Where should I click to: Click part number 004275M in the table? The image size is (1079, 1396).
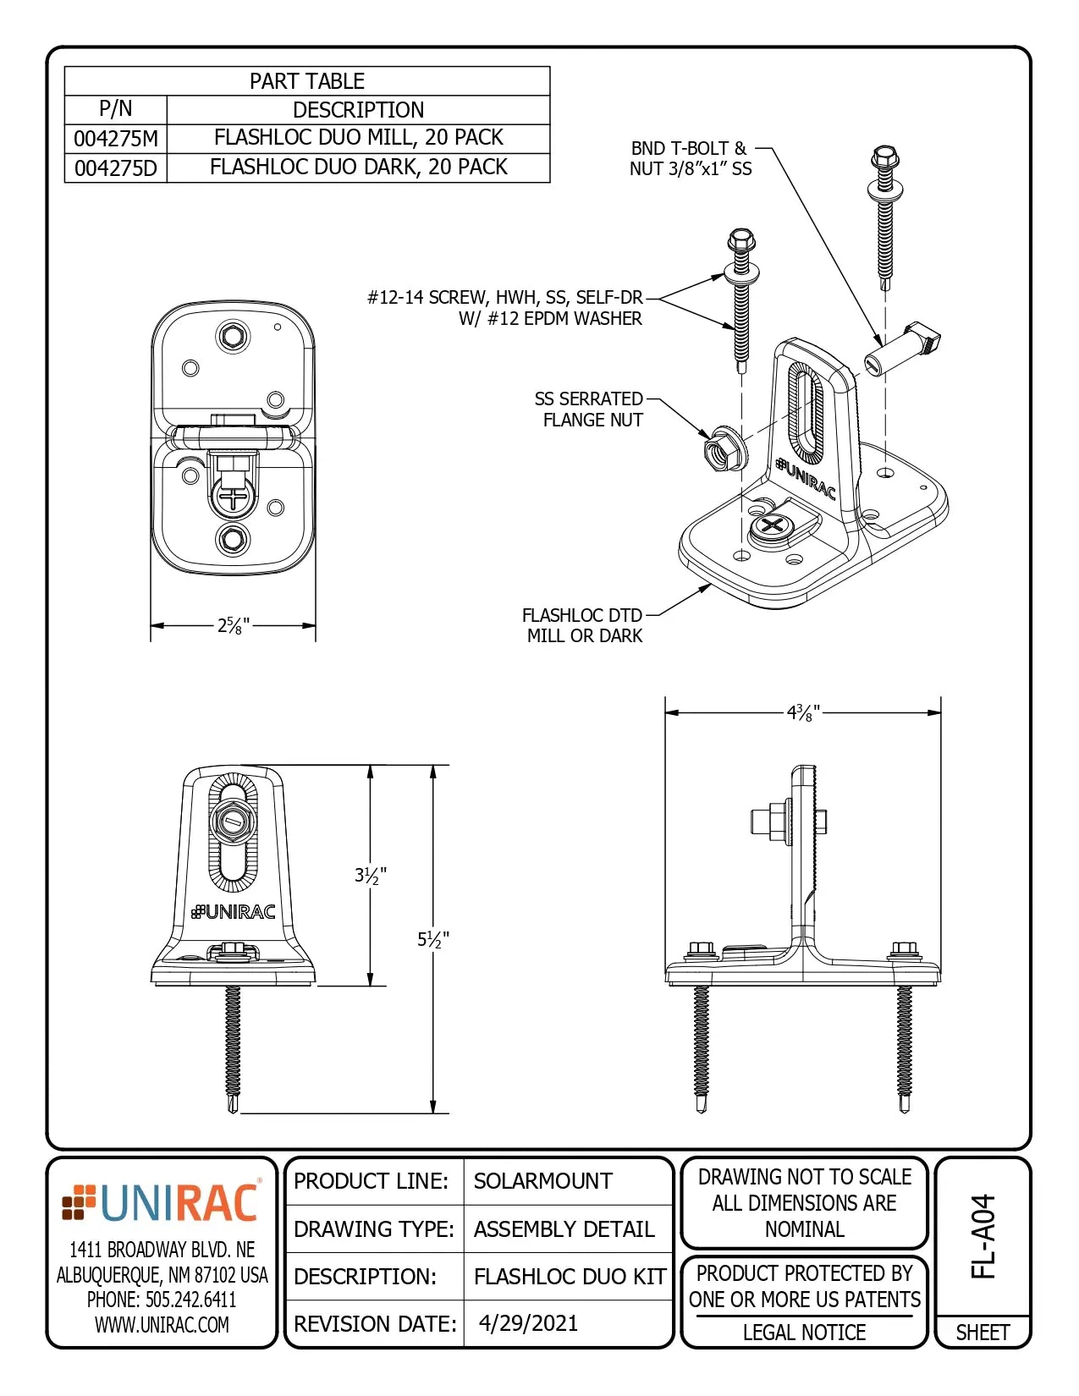116,138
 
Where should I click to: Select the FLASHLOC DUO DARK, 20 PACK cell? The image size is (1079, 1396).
358,167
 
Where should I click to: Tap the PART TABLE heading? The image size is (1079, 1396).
306,81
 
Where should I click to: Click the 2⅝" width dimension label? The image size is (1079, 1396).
233,626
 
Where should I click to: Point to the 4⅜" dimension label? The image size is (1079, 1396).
802,712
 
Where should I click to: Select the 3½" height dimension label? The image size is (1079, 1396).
370,876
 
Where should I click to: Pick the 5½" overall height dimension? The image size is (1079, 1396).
432,939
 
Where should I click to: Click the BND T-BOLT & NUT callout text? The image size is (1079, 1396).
690,158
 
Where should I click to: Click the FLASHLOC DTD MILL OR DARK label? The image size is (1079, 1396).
583,625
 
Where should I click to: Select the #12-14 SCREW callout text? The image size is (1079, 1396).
505,308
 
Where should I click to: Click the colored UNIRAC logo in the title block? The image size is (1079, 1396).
161,1202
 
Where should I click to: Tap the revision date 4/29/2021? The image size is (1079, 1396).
528,1322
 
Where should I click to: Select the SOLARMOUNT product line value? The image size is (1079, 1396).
542,1181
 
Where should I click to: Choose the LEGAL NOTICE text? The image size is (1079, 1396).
804,1333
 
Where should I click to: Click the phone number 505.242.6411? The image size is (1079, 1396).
161,1300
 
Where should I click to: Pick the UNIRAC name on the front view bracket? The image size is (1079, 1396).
234,911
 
